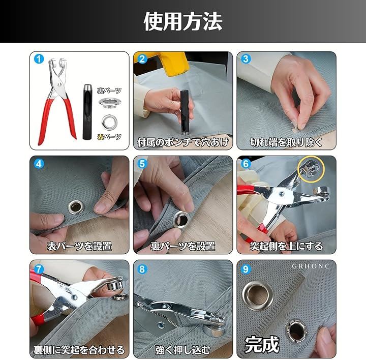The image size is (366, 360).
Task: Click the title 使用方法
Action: pyautogui.click(x=183, y=21)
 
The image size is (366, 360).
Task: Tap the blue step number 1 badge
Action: pyautogui.click(x=39, y=59)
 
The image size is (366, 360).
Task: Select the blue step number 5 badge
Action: pyautogui.click(x=142, y=164)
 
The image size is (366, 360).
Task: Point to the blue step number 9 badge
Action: pyautogui.click(x=246, y=269)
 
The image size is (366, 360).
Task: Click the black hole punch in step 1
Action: pyautogui.click(x=87, y=112)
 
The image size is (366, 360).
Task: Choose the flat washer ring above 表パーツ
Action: pyautogui.click(x=109, y=122)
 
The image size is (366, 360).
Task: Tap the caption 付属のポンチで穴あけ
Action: pyautogui.click(x=183, y=142)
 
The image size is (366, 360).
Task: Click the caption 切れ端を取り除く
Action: pyautogui.click(x=286, y=142)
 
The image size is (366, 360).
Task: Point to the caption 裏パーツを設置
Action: pyautogui.click(x=183, y=246)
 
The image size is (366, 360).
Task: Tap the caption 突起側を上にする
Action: pyautogui.click(x=286, y=246)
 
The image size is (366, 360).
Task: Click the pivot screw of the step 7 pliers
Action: pyautogui.click(x=74, y=297)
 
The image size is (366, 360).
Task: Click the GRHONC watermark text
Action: pyautogui.click(x=311, y=266)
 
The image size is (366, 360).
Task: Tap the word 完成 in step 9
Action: pyautogui.click(x=262, y=345)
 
